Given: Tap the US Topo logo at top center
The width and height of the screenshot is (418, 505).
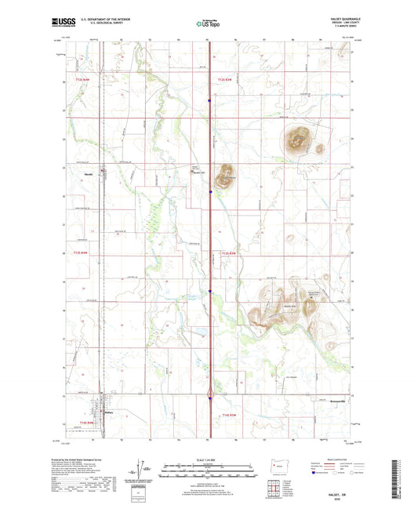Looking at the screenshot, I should (x=208, y=24).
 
